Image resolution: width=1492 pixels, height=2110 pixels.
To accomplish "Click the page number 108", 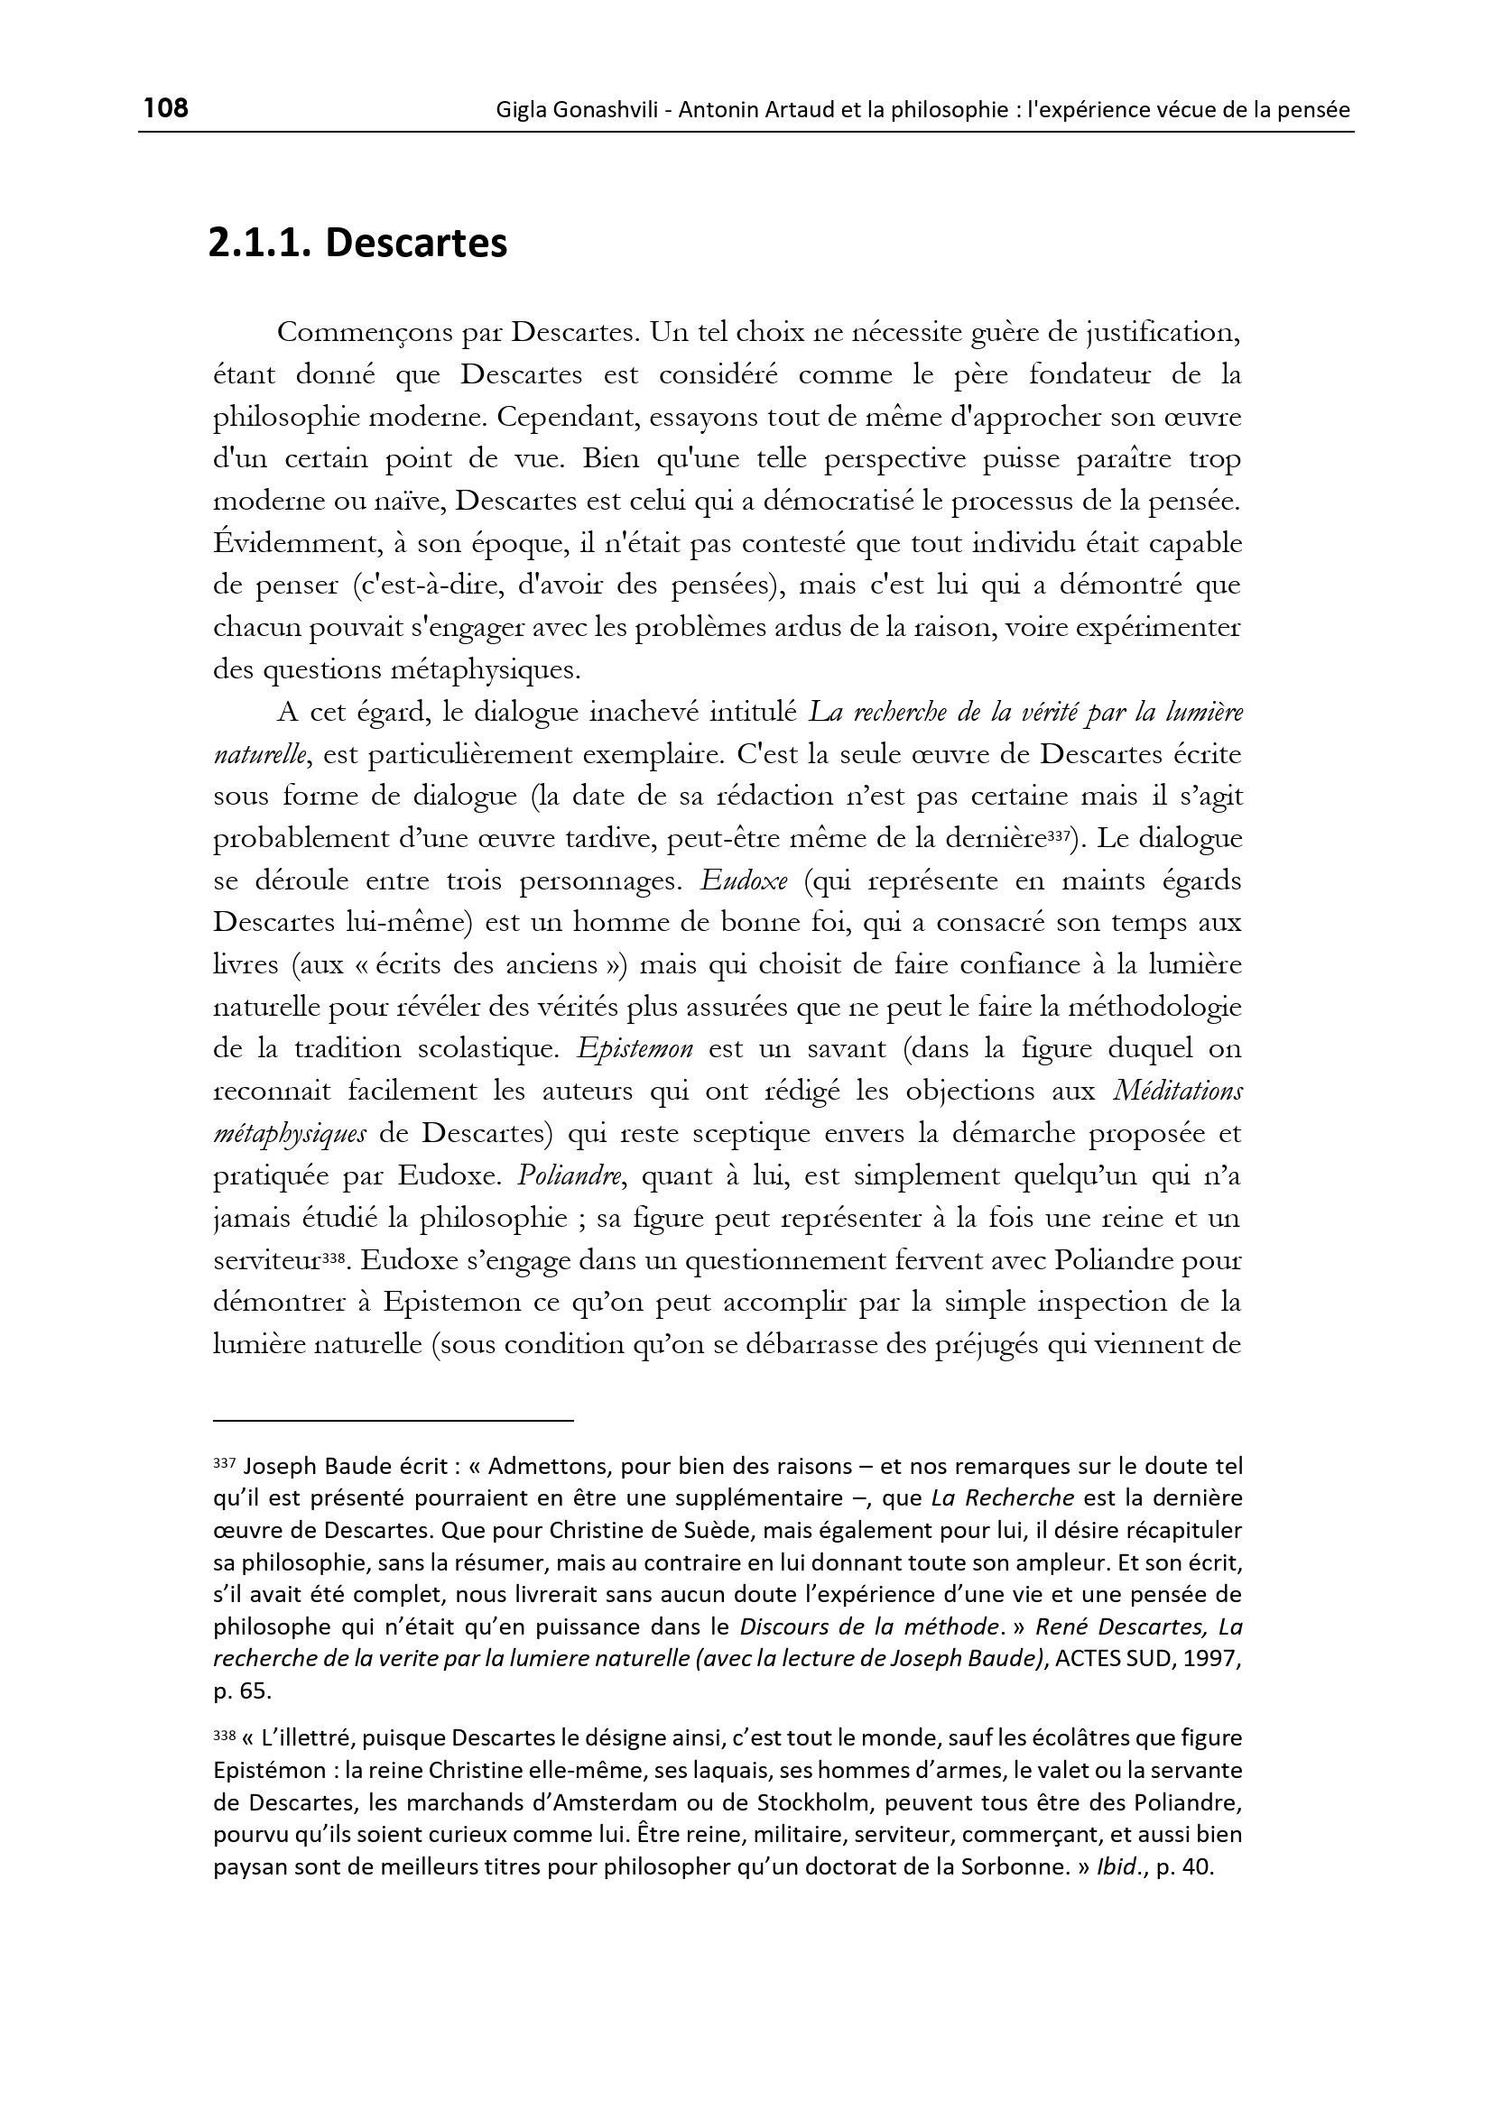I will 166,108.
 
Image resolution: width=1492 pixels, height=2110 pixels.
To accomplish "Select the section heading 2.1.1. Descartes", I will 357,244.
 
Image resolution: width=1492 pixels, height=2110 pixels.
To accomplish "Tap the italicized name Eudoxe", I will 743,881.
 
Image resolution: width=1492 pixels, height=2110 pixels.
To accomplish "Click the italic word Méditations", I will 1177,1092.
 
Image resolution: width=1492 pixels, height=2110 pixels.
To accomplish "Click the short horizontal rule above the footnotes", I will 393,1421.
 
